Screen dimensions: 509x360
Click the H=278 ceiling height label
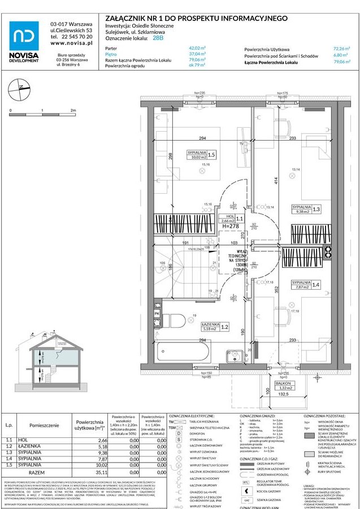(x=231, y=225)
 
